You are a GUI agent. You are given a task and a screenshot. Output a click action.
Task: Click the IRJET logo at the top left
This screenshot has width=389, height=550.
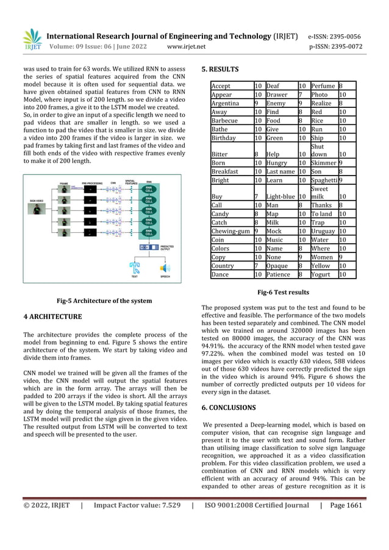32,40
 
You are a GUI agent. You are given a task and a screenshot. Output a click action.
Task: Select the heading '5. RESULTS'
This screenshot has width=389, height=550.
220,69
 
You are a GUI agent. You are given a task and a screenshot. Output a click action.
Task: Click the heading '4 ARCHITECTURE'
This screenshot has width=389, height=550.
52,316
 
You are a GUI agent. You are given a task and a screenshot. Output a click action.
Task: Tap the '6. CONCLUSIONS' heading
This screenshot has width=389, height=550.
229,407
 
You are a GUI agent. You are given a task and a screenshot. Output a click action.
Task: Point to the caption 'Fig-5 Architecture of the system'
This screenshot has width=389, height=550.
104,300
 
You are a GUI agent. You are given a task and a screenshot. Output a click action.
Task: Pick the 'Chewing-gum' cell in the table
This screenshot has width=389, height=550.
230,232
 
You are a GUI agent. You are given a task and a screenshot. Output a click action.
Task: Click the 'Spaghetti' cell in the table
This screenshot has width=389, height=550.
324,180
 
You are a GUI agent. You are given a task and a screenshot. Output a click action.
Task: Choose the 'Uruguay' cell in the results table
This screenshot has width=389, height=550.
324,232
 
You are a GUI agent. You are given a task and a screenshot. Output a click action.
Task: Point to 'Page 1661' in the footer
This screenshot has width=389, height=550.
346,505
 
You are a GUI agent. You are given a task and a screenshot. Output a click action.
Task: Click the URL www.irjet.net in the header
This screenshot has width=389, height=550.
186,46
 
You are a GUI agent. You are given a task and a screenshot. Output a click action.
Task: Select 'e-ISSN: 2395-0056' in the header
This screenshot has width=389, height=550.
343,36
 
